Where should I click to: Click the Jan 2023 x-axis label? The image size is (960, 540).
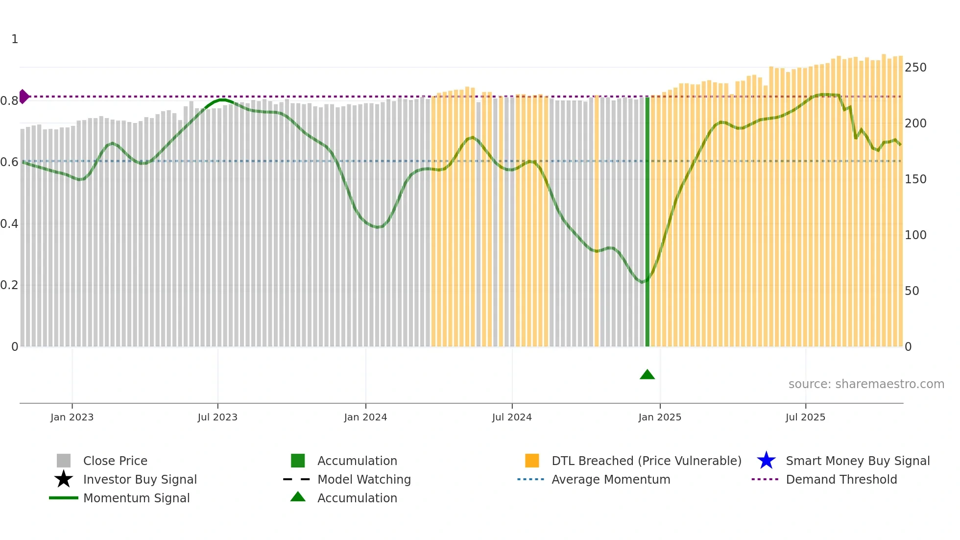[x=72, y=417]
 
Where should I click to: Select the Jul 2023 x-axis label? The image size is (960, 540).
[x=217, y=417]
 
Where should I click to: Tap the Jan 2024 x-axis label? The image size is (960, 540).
[x=365, y=417]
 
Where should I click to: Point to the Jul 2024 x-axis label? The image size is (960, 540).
[x=512, y=417]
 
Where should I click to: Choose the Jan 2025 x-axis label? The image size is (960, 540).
[x=660, y=417]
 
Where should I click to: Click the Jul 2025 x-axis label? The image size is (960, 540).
[x=805, y=417]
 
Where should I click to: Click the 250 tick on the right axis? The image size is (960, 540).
[x=915, y=68]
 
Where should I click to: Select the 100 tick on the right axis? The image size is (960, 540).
[x=915, y=235]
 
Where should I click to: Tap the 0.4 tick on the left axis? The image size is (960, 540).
[x=9, y=224]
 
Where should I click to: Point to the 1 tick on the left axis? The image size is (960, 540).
[x=15, y=39]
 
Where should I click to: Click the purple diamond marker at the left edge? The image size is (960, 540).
[x=24, y=97]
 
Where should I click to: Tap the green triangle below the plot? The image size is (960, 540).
[x=647, y=375]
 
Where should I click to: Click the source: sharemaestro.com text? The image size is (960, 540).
[x=866, y=384]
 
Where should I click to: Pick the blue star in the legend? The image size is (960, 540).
[x=766, y=461]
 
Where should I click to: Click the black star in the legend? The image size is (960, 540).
[x=64, y=479]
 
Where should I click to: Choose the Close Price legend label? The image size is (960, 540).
[x=115, y=461]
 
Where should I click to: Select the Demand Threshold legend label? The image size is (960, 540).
[x=841, y=479]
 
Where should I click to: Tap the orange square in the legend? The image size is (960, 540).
[x=532, y=461]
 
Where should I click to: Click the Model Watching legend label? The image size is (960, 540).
[x=364, y=479]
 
